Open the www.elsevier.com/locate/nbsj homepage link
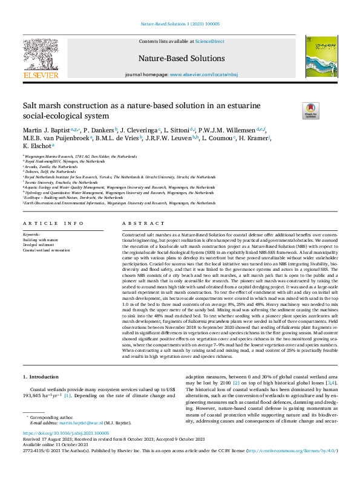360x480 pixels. [x=203, y=74]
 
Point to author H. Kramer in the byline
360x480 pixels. [x=254, y=138]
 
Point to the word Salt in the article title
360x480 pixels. [x=32, y=105]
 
